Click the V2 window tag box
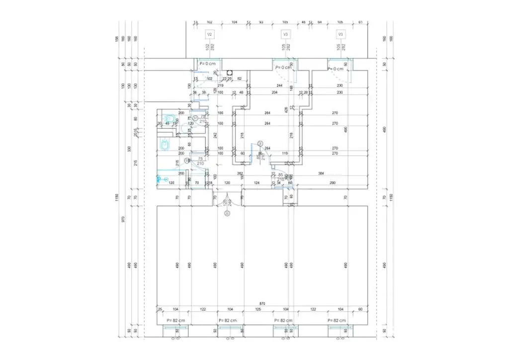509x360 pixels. click(210, 34)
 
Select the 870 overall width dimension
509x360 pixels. click(262, 303)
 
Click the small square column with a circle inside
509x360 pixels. click(230, 72)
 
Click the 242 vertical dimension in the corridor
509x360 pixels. click(215, 135)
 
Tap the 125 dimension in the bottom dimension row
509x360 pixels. click(258, 309)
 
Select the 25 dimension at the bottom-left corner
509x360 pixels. click(160, 309)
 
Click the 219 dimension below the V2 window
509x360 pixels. click(206, 86)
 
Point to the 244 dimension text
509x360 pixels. click(279, 86)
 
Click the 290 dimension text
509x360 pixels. click(332, 183)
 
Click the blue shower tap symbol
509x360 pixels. click(160, 177)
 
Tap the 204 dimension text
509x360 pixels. click(274, 92)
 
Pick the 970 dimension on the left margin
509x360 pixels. click(123, 219)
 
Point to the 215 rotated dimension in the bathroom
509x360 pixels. click(177, 164)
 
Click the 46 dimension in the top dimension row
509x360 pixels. click(303, 23)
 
